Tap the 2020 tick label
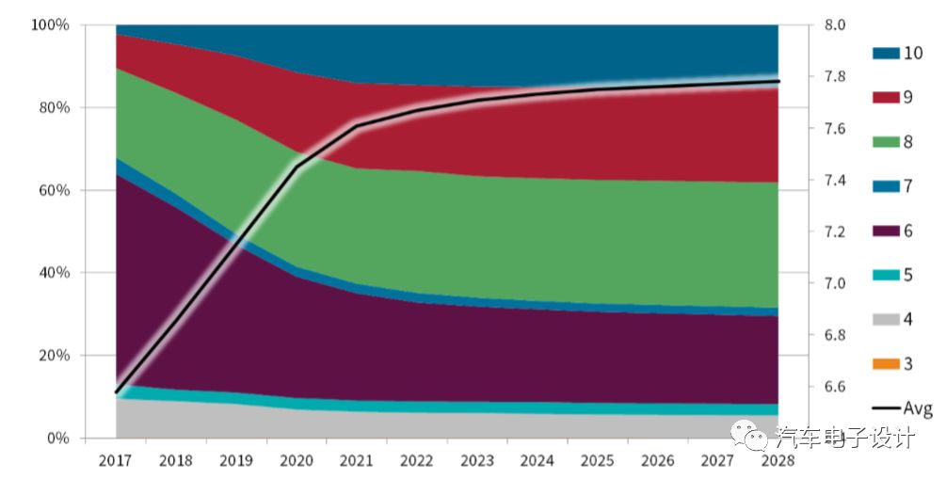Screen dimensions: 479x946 pyautogui.click(x=297, y=461)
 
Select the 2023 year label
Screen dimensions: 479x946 pyautogui.click(x=477, y=461)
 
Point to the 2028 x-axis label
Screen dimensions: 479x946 pyautogui.click(x=778, y=461)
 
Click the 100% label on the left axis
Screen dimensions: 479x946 pyautogui.click(x=50, y=25)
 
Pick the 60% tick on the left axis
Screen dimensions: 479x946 pyautogui.click(x=54, y=190)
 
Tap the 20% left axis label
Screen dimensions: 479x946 pyautogui.click(x=54, y=356)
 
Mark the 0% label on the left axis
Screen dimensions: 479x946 pyautogui.click(x=57, y=439)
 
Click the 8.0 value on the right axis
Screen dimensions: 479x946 pyautogui.click(x=834, y=25)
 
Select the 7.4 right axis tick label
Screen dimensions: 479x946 pyautogui.click(x=834, y=181)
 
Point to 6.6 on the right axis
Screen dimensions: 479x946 pyautogui.click(x=834, y=387)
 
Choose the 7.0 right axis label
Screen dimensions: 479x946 pyautogui.click(x=834, y=283)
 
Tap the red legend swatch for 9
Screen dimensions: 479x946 pyautogui.click(x=885, y=98)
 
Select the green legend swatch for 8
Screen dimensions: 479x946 pyautogui.click(x=885, y=142)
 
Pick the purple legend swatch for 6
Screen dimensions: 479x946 pyautogui.click(x=885, y=231)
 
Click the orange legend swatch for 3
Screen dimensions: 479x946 pyautogui.click(x=885, y=364)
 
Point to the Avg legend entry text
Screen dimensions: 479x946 pyautogui.click(x=918, y=408)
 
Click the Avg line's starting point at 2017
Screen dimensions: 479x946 pyautogui.click(x=117, y=391)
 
